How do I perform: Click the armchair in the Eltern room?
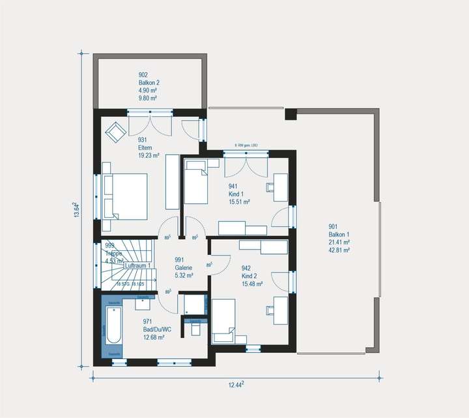point(116,132)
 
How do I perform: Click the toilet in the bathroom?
point(195,328)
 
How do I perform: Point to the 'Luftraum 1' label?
point(137,265)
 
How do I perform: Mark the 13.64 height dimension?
point(77,212)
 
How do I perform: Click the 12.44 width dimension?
point(235,385)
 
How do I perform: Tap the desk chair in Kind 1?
point(270,187)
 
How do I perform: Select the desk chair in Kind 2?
point(270,311)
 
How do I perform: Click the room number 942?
point(246,268)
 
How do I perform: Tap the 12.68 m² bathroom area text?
point(154,337)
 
